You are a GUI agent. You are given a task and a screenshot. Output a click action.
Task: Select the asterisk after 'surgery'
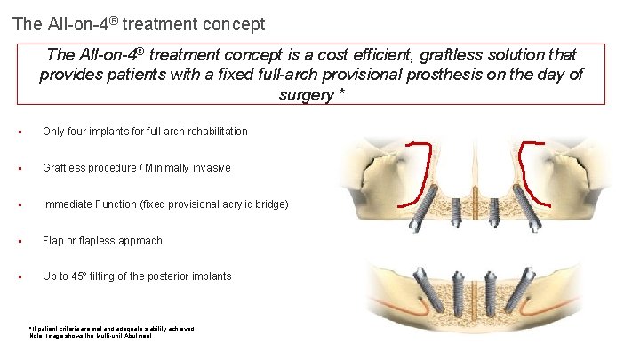coord(341,95)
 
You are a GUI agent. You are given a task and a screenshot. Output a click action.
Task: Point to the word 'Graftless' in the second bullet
coord(65,168)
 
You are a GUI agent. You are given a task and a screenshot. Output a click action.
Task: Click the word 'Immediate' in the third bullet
coord(68,204)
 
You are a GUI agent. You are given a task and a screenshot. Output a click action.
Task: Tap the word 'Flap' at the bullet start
coord(53,241)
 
